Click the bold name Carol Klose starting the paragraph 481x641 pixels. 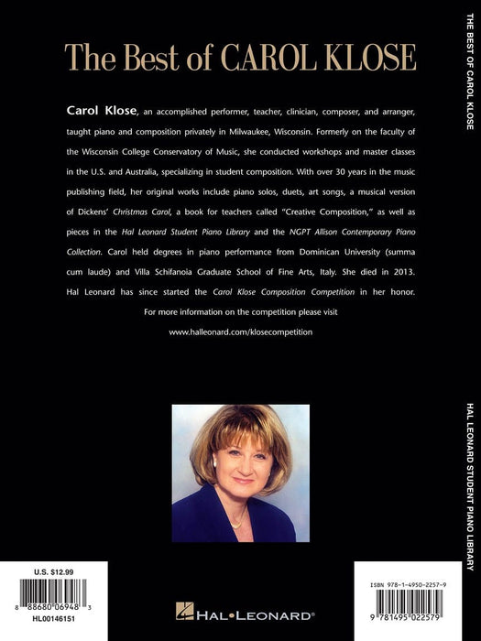tap(102, 111)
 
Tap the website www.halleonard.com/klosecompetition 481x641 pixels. tap(240, 331)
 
